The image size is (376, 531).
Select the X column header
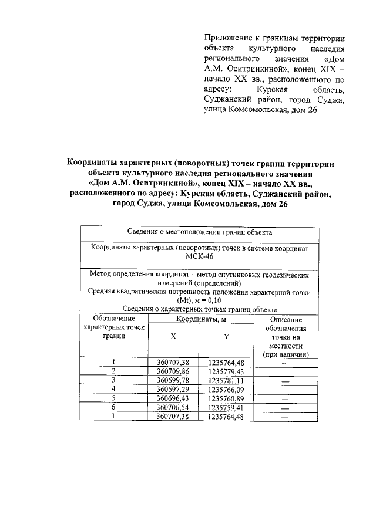pyautogui.click(x=173, y=337)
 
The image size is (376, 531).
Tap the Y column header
pyautogui.click(x=226, y=337)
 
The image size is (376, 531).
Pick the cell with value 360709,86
pyautogui.click(x=173, y=371)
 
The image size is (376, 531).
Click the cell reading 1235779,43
pyautogui.click(x=226, y=371)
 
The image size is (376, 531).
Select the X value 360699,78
pyautogui.click(x=173, y=380)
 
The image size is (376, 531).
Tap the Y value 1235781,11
pyautogui.click(x=226, y=380)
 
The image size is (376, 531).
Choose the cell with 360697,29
pyautogui.click(x=173, y=389)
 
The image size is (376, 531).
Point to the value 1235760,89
pyautogui.click(x=226, y=398)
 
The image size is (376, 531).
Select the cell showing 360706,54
pyautogui.click(x=173, y=407)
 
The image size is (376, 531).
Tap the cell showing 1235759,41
pyautogui.click(x=226, y=407)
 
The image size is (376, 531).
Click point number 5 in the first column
pyautogui.click(x=113, y=398)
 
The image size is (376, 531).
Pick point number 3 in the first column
pyautogui.click(x=113, y=380)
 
